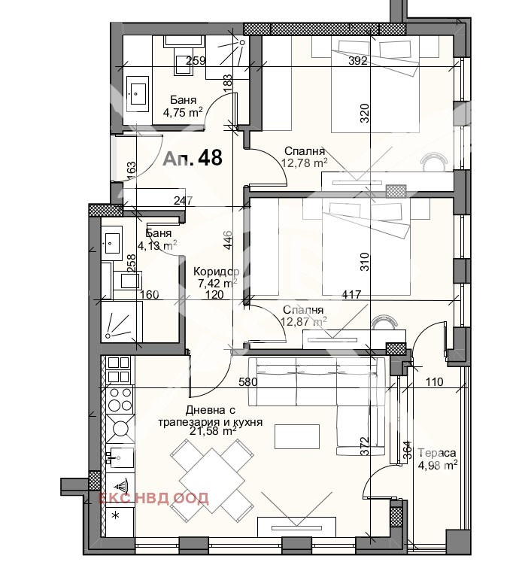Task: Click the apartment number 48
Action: click(211, 158)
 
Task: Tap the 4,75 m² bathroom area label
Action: click(183, 113)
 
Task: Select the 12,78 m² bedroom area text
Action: click(304, 162)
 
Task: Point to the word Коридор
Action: click(217, 272)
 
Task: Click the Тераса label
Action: click(437, 453)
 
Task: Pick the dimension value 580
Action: click(248, 382)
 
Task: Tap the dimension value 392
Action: click(357, 61)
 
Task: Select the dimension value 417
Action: click(351, 294)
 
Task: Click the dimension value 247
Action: click(183, 201)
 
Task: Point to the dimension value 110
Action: click(434, 382)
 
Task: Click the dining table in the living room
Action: click(213, 481)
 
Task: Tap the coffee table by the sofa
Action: click(297, 436)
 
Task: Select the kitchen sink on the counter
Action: click(120, 457)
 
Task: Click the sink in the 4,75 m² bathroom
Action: click(137, 94)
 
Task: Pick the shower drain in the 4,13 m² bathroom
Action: click(108, 335)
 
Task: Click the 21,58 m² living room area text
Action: click(213, 431)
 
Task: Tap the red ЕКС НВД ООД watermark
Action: click(153, 498)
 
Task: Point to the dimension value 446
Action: click(228, 240)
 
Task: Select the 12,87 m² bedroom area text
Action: click(304, 320)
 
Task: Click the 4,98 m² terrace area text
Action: click(437, 466)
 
